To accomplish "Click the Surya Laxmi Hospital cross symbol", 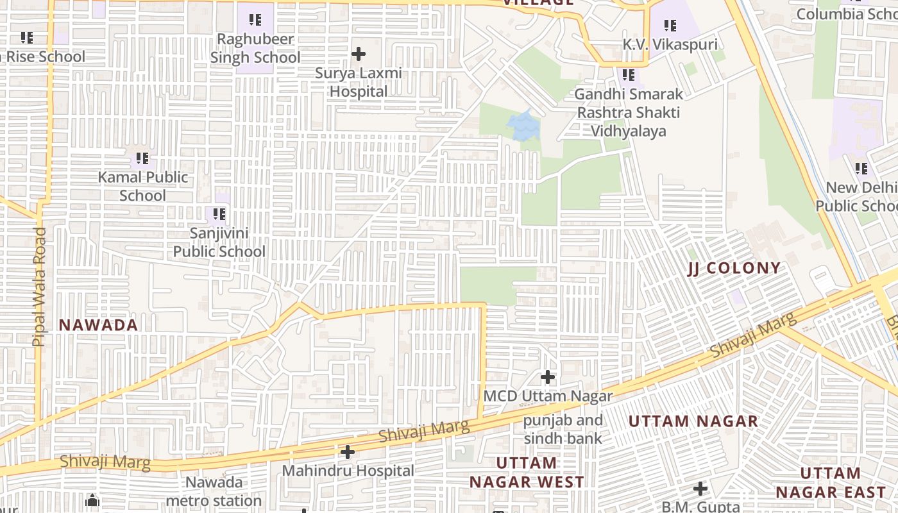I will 359,54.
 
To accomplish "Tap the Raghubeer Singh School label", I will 255,48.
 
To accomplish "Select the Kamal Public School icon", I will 142,158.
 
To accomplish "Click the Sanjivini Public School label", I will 219,242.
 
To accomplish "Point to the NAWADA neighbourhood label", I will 98,325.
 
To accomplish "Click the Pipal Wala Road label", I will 39,287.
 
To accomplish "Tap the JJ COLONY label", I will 734,268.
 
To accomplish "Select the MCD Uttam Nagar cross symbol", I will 547,377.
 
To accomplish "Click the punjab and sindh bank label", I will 563,430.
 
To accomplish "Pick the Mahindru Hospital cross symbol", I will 347,452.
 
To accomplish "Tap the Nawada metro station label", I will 214,491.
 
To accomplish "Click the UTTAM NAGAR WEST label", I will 527,472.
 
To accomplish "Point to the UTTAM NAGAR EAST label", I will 830,483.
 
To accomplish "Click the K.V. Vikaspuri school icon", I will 670,26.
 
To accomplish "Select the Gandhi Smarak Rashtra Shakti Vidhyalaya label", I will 629,113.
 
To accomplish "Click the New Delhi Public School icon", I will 861,169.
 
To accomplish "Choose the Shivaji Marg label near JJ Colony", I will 754,335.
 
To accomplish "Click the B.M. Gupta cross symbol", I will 700,489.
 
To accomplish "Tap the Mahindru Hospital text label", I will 348,471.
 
